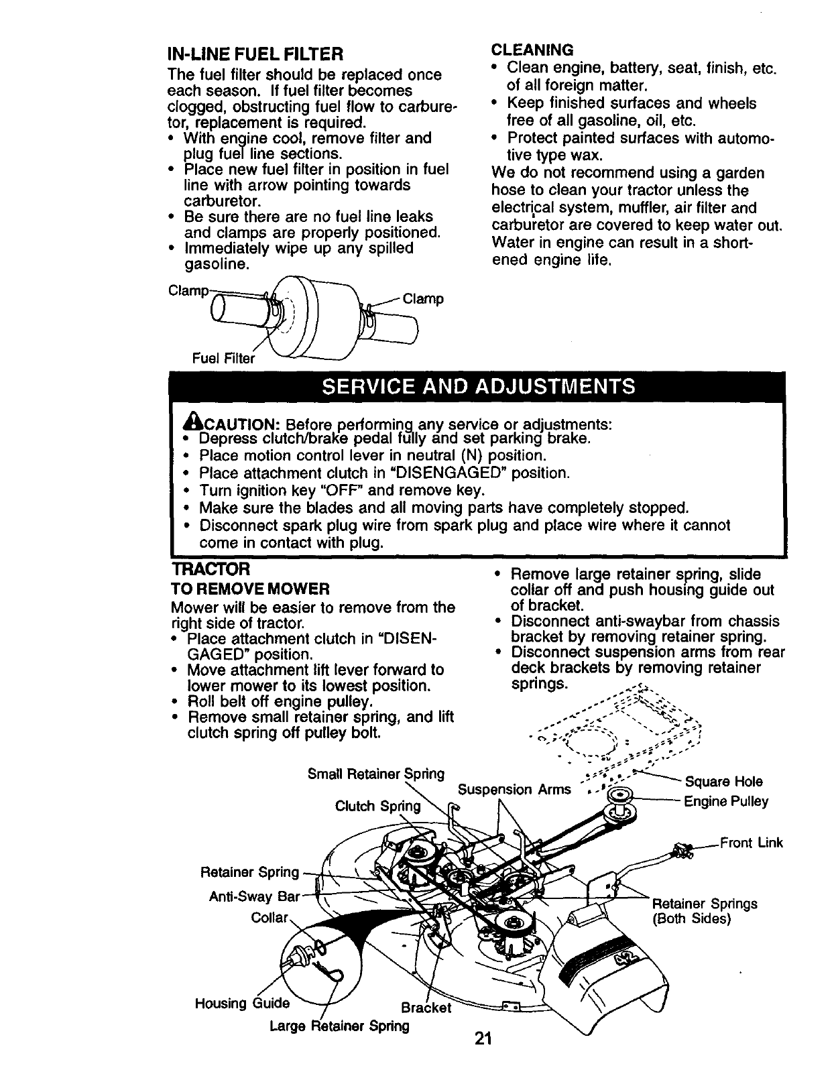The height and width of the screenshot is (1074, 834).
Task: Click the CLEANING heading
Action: tap(532, 50)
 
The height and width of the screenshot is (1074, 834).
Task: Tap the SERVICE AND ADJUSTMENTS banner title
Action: tap(478, 387)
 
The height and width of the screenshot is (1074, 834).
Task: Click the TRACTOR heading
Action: tap(211, 569)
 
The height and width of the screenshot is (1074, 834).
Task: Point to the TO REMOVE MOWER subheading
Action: tap(251, 589)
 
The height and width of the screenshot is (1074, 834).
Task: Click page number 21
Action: tap(483, 1038)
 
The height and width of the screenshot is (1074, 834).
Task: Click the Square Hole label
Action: tap(723, 782)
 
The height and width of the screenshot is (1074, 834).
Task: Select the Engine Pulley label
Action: tap(725, 801)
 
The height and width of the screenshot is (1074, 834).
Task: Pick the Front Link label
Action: tap(751, 843)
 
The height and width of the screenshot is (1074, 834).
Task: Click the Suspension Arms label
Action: tap(514, 789)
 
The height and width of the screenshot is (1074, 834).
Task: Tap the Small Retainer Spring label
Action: tap(375, 774)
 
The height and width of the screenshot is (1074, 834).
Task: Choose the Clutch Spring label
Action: tap(378, 806)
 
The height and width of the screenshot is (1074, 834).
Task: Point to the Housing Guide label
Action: tap(242, 1003)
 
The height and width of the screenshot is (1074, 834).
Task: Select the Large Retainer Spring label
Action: tap(339, 1026)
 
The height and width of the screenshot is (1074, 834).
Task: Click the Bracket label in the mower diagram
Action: tap(425, 1008)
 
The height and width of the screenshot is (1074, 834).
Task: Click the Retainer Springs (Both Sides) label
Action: tap(704, 910)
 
